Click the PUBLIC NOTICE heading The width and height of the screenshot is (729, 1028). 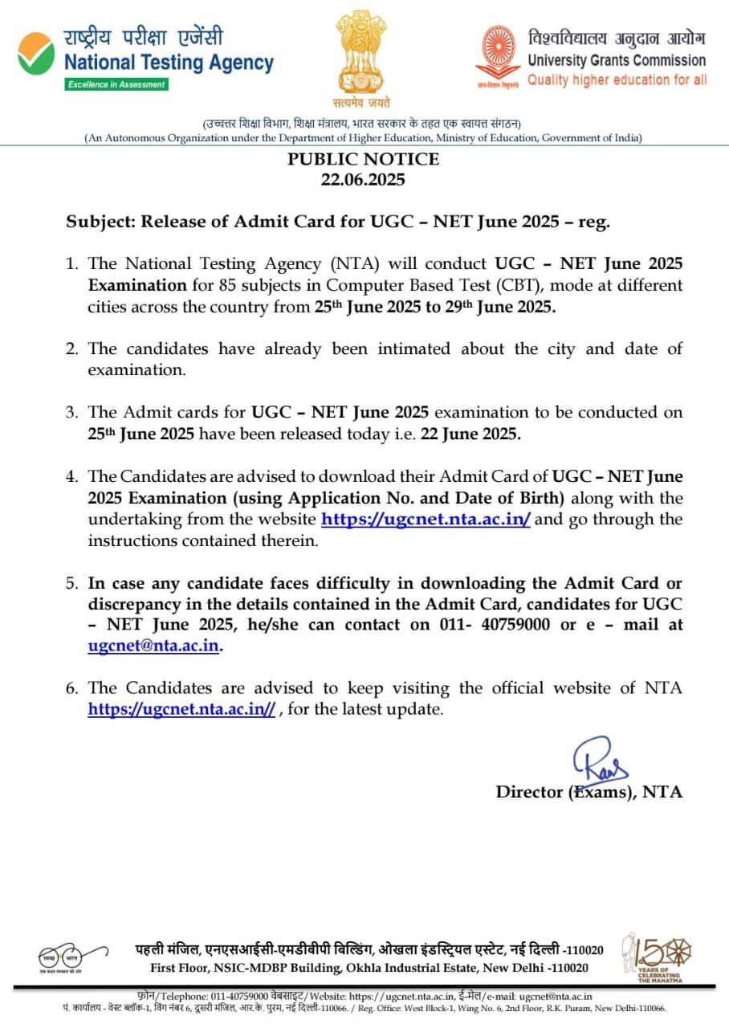click(x=364, y=159)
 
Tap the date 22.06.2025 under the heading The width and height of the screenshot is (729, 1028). click(x=364, y=179)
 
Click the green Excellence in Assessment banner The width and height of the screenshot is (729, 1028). click(x=116, y=84)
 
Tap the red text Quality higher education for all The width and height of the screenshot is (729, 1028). click(x=617, y=80)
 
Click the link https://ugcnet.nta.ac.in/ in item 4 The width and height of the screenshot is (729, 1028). click(x=426, y=519)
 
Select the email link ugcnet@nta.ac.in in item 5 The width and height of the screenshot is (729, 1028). click(x=153, y=646)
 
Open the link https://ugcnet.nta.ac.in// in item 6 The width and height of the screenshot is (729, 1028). click(x=181, y=709)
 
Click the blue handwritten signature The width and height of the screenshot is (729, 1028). click(x=598, y=759)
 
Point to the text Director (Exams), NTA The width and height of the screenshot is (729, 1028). click(x=589, y=792)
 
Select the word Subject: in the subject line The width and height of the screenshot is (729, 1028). click(x=100, y=222)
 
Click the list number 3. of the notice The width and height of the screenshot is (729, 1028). click(x=73, y=413)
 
